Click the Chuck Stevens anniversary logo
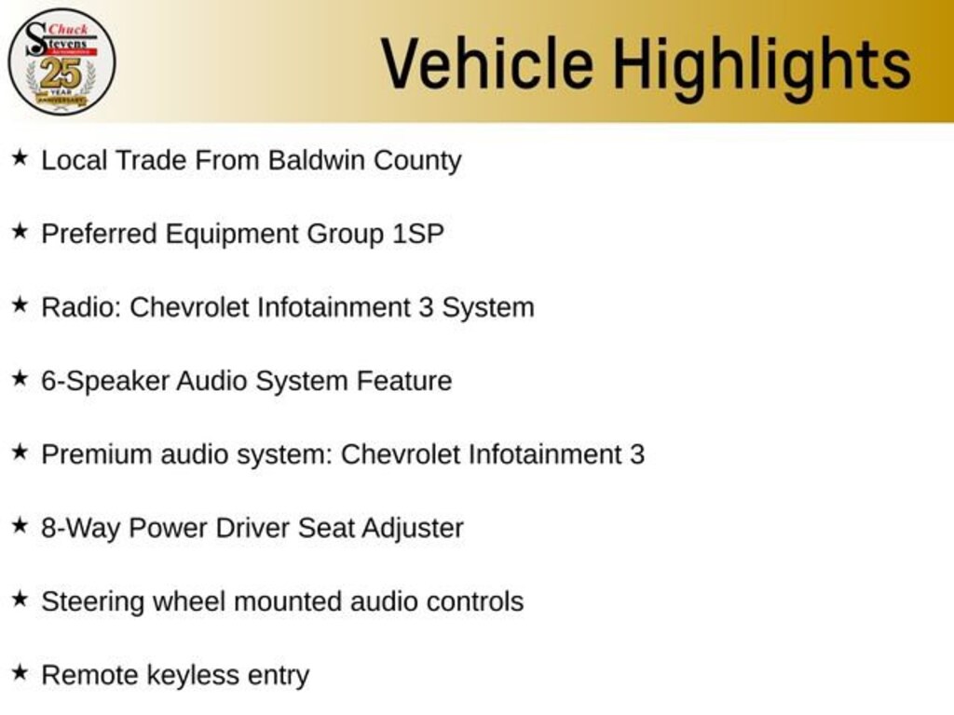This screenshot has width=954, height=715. (x=61, y=61)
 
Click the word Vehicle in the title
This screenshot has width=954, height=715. (x=487, y=63)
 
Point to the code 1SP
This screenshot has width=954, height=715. (x=418, y=234)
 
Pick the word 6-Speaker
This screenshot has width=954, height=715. (x=105, y=381)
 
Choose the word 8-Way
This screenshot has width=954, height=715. (x=80, y=529)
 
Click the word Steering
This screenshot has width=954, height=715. (x=92, y=602)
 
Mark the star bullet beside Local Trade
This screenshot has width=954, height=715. (x=20, y=158)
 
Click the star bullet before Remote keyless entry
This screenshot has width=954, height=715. (x=20, y=672)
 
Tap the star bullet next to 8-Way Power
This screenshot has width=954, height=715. (x=20, y=525)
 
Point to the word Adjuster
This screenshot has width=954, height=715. (x=413, y=529)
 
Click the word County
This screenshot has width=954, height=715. (x=417, y=161)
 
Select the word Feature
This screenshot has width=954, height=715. (x=404, y=381)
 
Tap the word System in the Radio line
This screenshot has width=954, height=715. (x=488, y=308)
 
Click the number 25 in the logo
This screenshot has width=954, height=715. (x=61, y=74)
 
